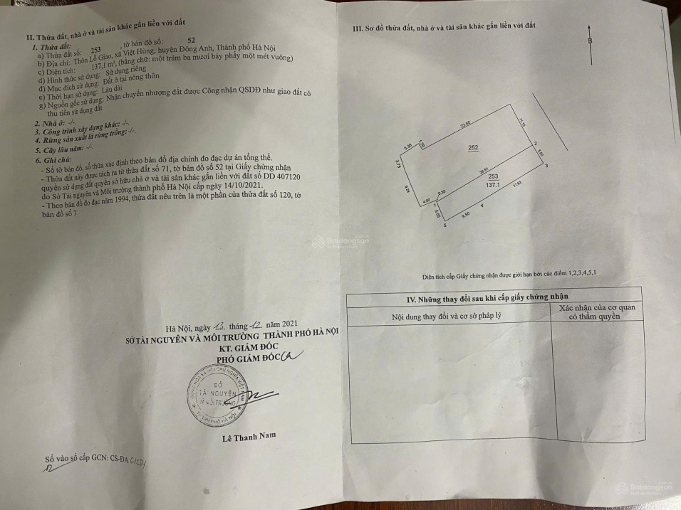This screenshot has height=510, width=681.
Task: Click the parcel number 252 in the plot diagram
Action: pyautogui.click(x=472, y=148)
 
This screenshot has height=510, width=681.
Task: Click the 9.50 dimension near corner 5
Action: pyautogui.click(x=465, y=214)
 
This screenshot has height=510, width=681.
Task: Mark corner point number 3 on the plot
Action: pyautogui.click(x=546, y=166)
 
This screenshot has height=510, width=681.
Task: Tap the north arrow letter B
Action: pyautogui.click(x=590, y=41)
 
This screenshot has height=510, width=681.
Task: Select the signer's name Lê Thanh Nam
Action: pyautogui.click(x=249, y=436)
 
